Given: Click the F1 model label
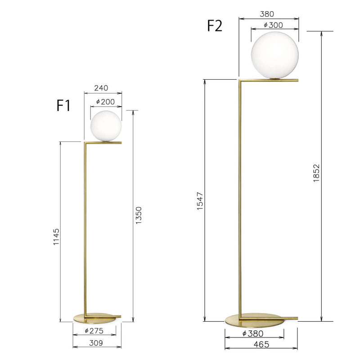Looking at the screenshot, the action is pyautogui.click(x=63, y=106).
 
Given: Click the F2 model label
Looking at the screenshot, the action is pyautogui.click(x=215, y=26).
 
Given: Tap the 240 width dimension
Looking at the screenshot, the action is pyautogui.click(x=101, y=88).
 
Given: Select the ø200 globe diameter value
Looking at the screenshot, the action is pyautogui.click(x=105, y=102).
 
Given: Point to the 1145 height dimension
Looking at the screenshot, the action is pyautogui.click(x=56, y=237).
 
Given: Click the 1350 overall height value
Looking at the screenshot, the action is pyautogui.click(x=139, y=216).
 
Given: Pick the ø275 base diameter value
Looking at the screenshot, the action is pyautogui.click(x=94, y=331).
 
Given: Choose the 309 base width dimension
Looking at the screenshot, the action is pyautogui.click(x=96, y=343).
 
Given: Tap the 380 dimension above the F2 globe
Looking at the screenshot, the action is pyautogui.click(x=267, y=14).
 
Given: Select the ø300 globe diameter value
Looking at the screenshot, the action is pyautogui.click(x=273, y=25).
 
